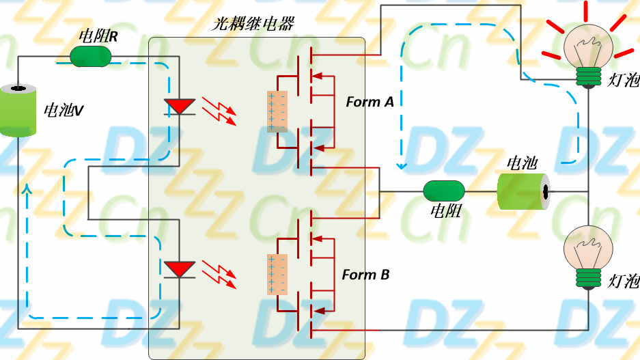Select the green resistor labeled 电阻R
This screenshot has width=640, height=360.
click(x=91, y=57)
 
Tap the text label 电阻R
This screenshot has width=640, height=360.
click(x=98, y=36)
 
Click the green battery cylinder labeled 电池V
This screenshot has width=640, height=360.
click(x=18, y=110)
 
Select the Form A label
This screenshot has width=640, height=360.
click(x=370, y=102)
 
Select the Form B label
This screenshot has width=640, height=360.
click(x=365, y=275)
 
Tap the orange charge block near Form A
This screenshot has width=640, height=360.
click(x=277, y=111)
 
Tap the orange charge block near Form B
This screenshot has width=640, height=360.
click(x=277, y=275)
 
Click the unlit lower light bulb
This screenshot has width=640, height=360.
click(x=587, y=256)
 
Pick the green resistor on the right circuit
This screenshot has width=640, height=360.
click(x=444, y=191)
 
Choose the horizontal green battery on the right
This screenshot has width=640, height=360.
click(x=523, y=191)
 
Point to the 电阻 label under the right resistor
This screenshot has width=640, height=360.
click(x=445, y=211)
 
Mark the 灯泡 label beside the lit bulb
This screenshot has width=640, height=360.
click(x=623, y=81)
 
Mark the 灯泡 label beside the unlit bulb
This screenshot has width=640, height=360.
click(x=623, y=280)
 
